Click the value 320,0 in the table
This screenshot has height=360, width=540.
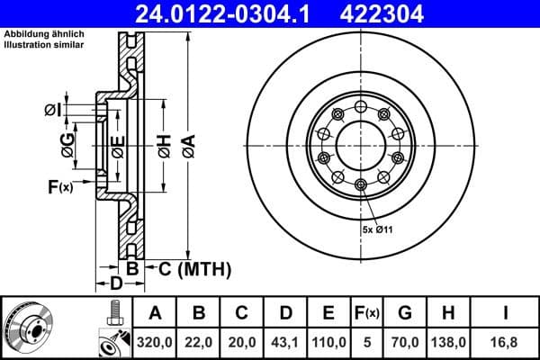click(155, 342)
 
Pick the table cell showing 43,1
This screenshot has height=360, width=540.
click(285, 342)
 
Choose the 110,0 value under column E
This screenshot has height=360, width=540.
click(328, 342)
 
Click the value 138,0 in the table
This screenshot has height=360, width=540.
click(446, 342)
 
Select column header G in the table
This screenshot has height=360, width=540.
click(404, 313)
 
